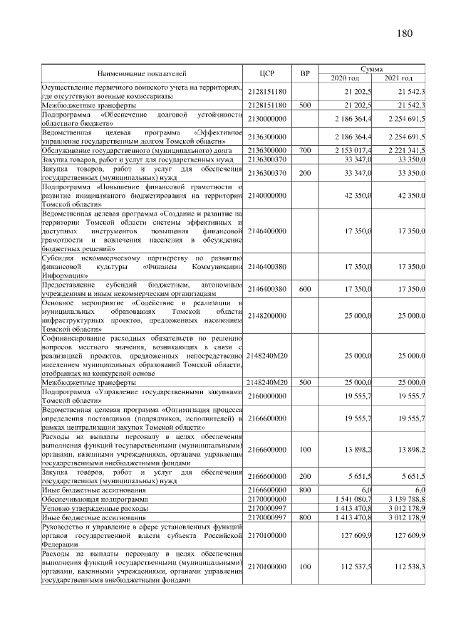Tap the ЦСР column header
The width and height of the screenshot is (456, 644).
pos(268,73)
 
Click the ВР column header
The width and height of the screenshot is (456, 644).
pos(305,73)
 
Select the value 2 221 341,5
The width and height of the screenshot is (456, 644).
pos(407,151)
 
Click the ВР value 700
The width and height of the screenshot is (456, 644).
pos(305,151)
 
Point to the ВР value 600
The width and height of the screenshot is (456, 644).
pos(305,290)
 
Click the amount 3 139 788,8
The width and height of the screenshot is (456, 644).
pos(407,500)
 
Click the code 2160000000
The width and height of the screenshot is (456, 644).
pos(267,396)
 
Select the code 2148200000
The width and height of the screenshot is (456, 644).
pos(267,316)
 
